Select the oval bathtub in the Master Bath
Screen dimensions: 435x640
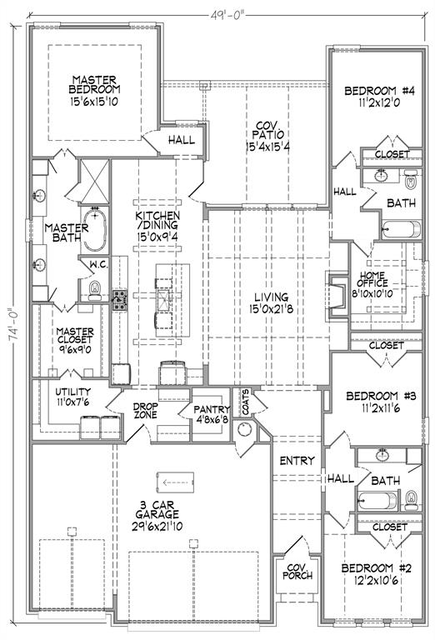tap(95, 229)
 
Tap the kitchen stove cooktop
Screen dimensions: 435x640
tap(120, 300)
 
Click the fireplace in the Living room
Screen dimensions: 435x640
tap(337, 293)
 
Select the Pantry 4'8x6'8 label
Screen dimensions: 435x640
tap(212, 414)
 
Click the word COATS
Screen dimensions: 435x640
tap(245, 402)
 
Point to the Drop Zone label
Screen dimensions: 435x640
tap(145, 410)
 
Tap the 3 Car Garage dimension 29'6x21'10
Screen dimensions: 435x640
tap(157, 527)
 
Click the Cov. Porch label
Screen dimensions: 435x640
tap(297, 572)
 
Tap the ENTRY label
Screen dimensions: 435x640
tap(297, 461)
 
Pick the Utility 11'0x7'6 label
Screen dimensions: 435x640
tap(73, 397)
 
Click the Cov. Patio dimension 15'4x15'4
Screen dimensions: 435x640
tap(267, 147)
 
